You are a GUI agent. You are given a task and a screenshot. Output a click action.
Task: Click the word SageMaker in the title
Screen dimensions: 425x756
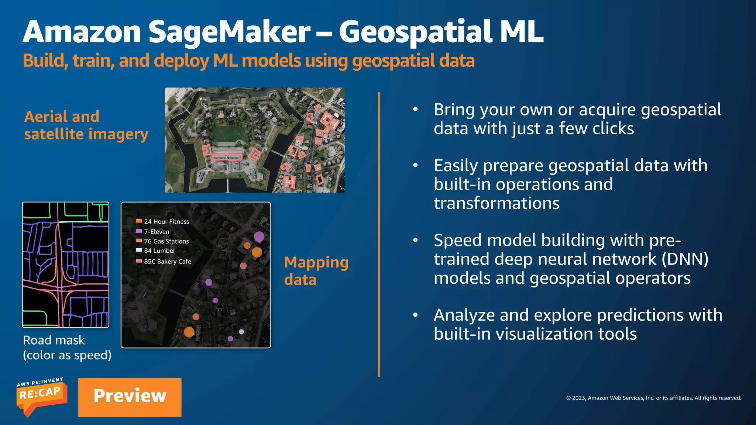(229, 32)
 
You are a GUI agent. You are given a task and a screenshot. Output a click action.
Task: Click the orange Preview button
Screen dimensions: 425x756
(130, 397)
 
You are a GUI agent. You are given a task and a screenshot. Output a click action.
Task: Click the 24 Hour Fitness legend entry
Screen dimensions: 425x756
(166, 222)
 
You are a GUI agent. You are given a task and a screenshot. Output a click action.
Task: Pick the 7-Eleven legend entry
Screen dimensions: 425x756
(157, 232)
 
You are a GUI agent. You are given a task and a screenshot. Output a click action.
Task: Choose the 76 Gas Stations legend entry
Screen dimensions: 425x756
(166, 241)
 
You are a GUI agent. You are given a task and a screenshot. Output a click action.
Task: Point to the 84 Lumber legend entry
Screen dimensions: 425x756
(159, 251)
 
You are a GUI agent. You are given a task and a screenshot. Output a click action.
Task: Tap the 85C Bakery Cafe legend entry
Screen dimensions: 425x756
(167, 262)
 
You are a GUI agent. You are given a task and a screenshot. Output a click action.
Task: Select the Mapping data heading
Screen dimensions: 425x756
(316, 271)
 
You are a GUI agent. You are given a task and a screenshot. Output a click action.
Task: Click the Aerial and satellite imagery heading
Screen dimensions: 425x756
(86, 125)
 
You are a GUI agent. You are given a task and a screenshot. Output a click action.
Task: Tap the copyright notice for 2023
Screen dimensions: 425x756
(653, 398)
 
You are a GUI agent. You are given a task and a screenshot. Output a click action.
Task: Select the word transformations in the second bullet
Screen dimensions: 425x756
(496, 204)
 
